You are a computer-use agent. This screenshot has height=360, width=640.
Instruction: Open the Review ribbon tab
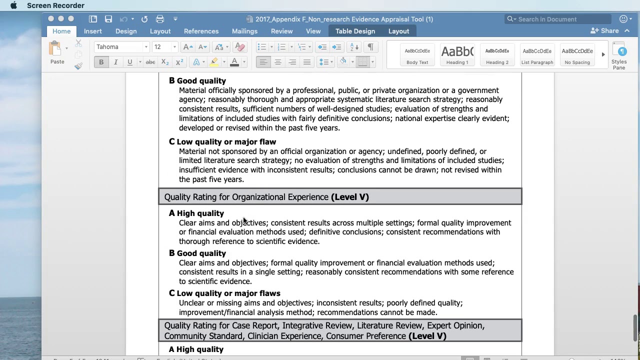tap(281, 31)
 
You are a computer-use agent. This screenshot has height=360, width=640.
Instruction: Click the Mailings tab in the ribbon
tap(244, 31)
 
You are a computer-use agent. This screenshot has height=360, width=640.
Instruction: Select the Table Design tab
tap(355, 31)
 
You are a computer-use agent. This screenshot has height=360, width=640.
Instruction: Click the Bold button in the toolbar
tap(101, 62)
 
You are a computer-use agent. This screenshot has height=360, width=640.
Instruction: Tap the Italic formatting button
tap(115, 62)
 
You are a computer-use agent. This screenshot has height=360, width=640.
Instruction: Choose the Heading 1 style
tap(457, 54)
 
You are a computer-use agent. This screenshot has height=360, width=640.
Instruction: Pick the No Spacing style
tap(577, 54)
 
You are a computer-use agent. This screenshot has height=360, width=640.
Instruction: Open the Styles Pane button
tap(619, 55)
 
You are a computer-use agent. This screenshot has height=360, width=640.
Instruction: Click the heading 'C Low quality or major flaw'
tap(222, 142)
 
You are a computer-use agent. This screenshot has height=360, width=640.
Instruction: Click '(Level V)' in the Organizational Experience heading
tap(350, 197)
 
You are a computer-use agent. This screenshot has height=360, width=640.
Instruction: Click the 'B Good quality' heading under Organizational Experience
tap(197, 253)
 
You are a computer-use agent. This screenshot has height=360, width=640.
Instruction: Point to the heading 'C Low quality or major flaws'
tap(224, 293)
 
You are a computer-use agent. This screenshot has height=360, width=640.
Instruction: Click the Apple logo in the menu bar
tap(13, 5)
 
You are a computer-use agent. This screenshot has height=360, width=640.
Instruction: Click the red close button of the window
tap(51, 19)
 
